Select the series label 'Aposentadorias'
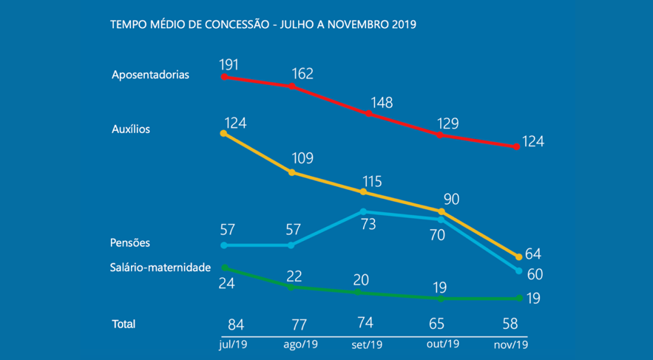(x=150, y=75)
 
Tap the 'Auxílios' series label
(x=131, y=129)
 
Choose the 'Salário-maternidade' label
(x=160, y=267)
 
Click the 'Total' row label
(x=124, y=324)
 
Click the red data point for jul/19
(x=223, y=76)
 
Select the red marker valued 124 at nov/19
(x=517, y=146)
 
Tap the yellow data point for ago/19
(x=291, y=172)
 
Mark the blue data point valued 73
(x=364, y=211)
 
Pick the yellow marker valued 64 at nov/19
(x=518, y=257)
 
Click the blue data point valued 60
(x=518, y=271)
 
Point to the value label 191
(x=230, y=64)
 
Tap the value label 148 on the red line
(x=382, y=102)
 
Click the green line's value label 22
(x=295, y=276)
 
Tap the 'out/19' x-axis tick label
(x=442, y=344)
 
